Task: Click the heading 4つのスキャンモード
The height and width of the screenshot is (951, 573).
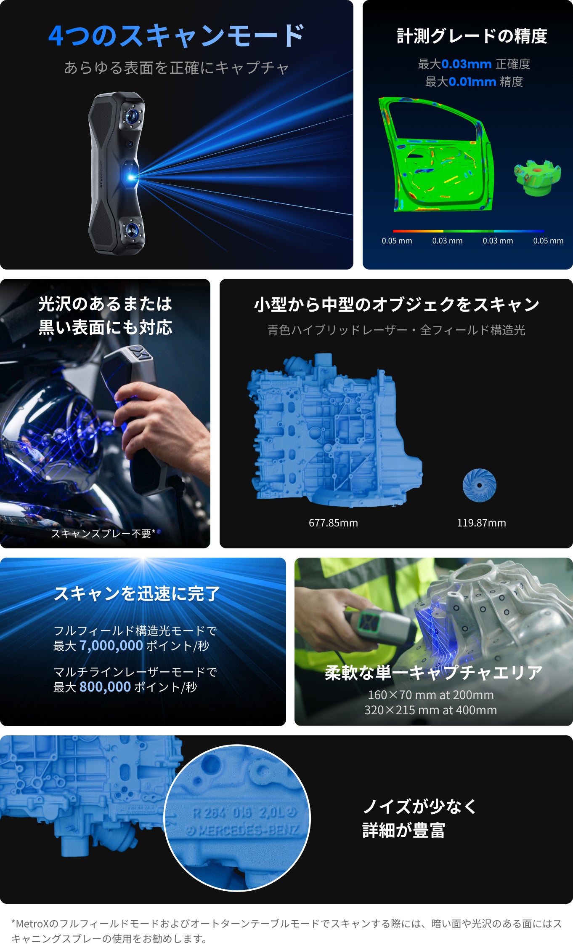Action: (x=176, y=36)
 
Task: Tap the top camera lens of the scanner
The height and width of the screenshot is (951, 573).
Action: (x=132, y=115)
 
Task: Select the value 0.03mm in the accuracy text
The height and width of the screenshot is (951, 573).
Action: (x=467, y=64)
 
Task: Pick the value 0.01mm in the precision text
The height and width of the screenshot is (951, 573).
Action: (x=472, y=82)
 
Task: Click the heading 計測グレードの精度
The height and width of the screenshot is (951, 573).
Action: (x=472, y=36)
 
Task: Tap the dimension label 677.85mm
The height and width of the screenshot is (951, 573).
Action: (x=333, y=523)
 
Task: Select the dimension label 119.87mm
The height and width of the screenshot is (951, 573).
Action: (x=481, y=523)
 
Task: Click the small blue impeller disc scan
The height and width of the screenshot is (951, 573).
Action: (x=480, y=485)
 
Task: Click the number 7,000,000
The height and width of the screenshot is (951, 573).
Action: (x=111, y=646)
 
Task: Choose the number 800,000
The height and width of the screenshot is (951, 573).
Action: (x=105, y=687)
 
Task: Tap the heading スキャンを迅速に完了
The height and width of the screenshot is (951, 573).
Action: (x=137, y=593)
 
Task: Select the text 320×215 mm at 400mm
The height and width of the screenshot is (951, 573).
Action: (x=431, y=710)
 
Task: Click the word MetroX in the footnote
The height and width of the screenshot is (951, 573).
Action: (x=32, y=924)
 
